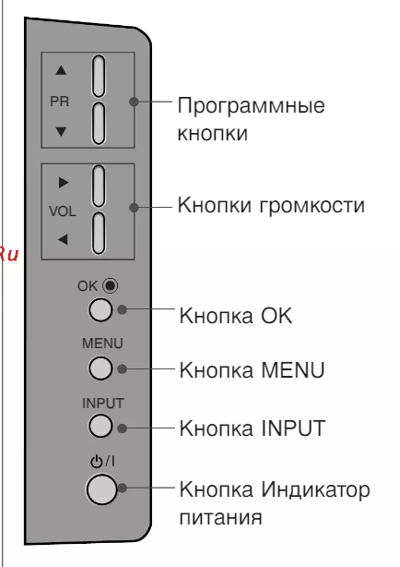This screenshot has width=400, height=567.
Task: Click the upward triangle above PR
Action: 61,70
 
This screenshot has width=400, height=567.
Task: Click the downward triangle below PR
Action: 61,131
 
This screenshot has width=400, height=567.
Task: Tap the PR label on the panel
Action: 60,102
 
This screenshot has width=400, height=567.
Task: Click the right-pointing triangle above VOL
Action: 64,183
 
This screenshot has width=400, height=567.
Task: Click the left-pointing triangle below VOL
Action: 63,239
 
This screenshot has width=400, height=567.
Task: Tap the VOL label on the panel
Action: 63,211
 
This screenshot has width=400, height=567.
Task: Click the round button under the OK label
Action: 100,310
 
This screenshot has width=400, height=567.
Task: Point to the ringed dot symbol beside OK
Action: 110,285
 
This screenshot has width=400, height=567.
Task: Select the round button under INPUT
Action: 100,426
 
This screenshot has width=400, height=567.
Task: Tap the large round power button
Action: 101,489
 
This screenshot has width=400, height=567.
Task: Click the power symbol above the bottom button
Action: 96,462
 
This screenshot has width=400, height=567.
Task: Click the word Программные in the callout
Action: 252,105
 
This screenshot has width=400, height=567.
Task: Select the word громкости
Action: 312,205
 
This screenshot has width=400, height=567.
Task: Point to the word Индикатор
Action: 315,489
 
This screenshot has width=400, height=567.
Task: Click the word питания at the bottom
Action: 220,517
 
